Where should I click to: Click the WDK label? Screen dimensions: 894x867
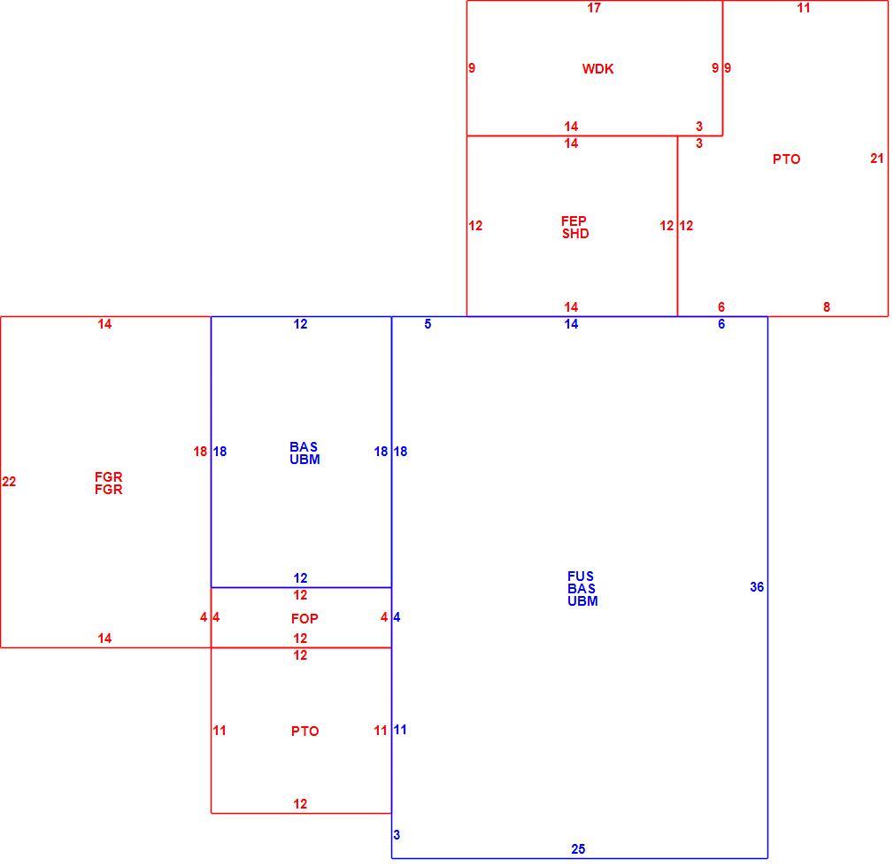coord(597,69)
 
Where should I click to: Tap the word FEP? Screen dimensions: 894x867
coord(574,221)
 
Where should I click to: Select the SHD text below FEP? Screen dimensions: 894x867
coord(575,233)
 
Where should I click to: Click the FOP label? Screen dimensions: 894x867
coord(304,619)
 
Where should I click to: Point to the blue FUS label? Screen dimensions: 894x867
coord(581,577)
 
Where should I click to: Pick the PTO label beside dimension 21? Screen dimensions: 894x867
coord(786,159)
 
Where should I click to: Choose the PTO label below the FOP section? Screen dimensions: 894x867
coord(305,732)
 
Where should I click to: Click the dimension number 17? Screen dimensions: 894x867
coord(594,8)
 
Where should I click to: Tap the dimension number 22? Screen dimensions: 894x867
coord(9,482)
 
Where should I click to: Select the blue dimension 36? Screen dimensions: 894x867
coord(757,587)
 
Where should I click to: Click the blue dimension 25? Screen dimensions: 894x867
coord(578,849)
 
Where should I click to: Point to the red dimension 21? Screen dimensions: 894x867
coord(877,159)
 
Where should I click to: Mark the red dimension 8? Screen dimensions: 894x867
coord(827,307)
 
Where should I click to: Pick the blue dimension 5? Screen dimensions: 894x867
coord(428,324)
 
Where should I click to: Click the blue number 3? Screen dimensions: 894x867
coord(397,835)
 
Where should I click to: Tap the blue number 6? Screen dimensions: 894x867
coord(721,324)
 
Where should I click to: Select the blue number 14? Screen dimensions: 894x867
coord(571,324)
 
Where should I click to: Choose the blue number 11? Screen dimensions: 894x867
coord(400,730)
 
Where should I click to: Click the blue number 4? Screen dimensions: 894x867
coord(397,617)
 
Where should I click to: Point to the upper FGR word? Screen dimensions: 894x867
coord(108,476)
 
